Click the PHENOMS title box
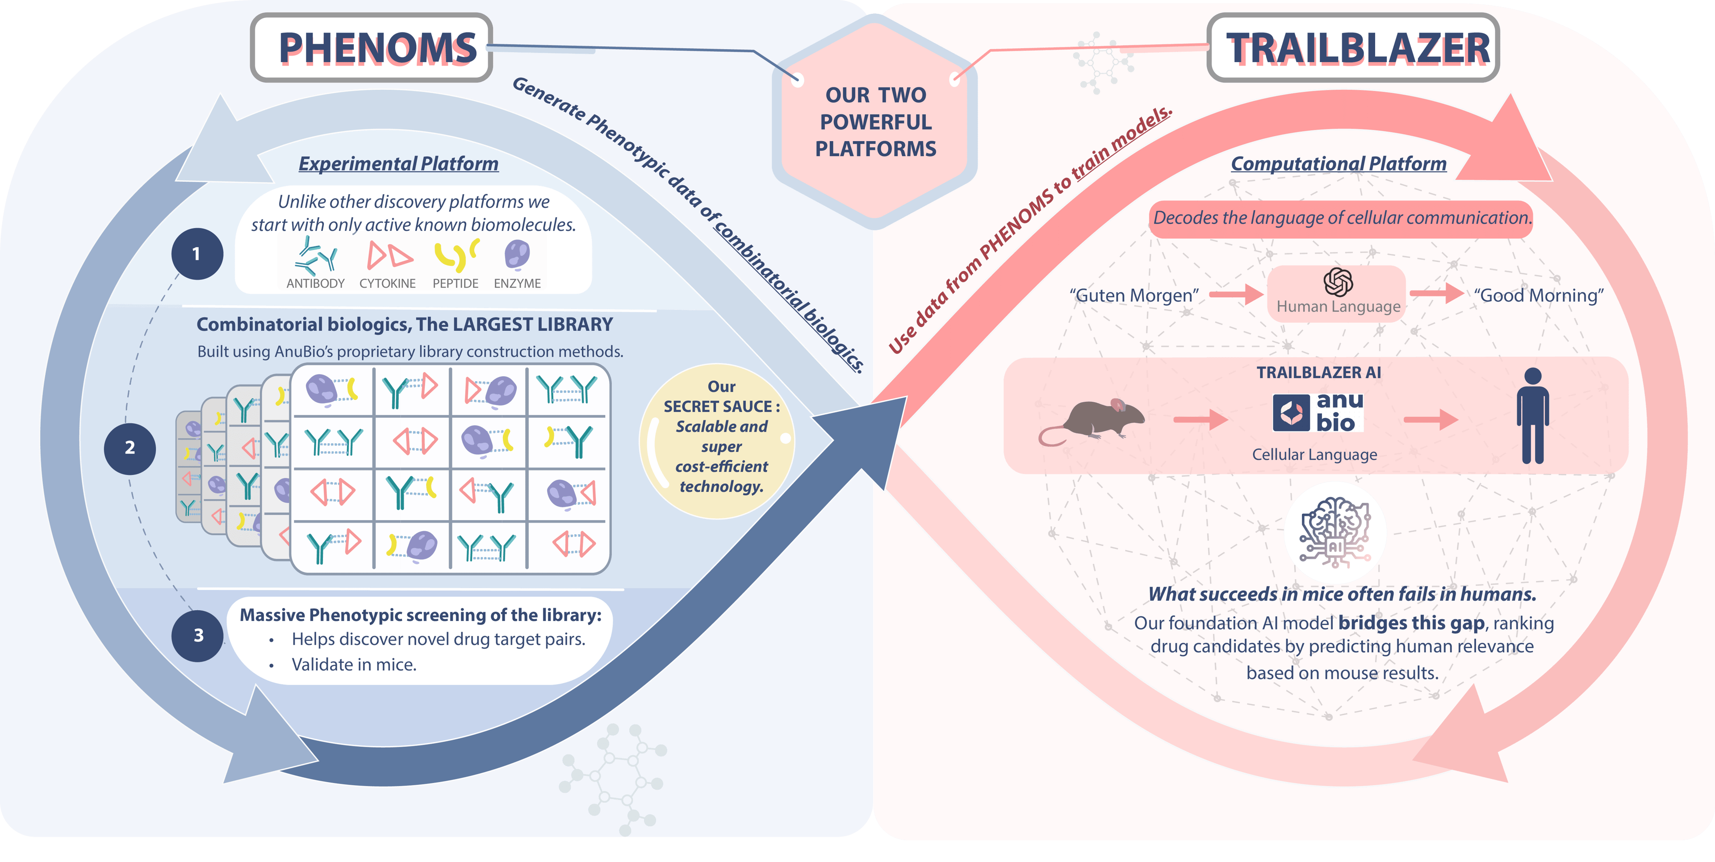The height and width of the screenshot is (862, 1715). coord(372,48)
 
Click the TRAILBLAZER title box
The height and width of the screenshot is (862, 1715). coord(1353,48)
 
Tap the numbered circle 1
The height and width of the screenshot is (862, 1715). coord(197,254)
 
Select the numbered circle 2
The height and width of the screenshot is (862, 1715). coord(130,448)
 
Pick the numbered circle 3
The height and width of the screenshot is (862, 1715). coord(198,636)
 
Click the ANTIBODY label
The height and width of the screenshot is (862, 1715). coord(316,283)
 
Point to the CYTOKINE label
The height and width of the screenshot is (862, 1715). coord(388,283)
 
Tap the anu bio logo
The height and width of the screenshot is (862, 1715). coord(1318,412)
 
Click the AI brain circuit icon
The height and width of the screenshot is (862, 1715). coord(1335,533)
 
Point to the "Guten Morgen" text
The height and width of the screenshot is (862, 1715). coord(1134,295)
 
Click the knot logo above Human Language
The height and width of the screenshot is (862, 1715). coord(1338,282)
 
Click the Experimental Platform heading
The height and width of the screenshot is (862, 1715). coord(398,164)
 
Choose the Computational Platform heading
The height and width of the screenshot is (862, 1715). coord(1338,164)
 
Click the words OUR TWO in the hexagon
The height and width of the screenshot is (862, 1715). coord(875,95)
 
